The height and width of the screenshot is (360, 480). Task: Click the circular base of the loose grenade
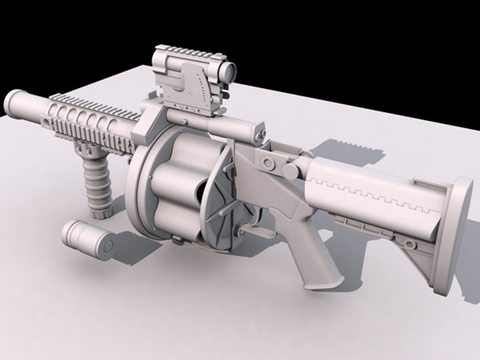point(108,247)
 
